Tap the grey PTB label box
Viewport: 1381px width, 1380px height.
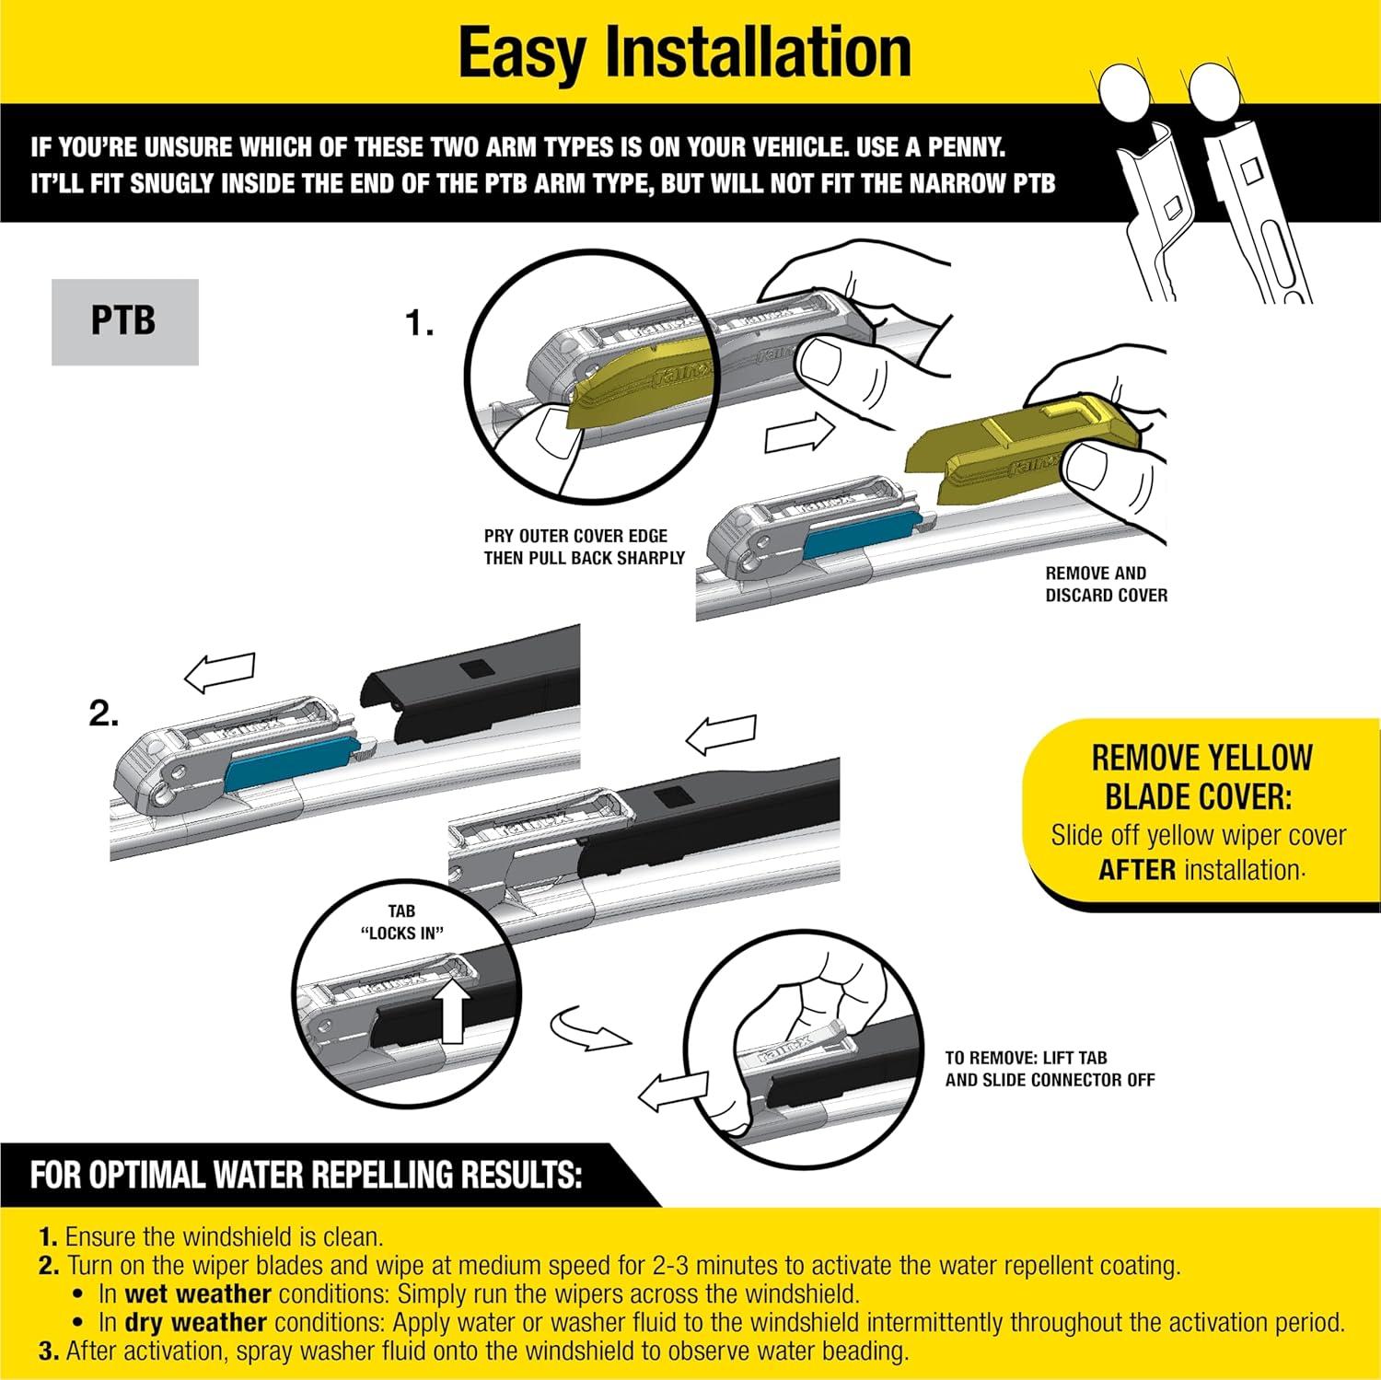[x=124, y=321]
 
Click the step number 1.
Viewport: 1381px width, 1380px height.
[x=420, y=324]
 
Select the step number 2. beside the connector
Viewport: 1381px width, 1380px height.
[x=103, y=713]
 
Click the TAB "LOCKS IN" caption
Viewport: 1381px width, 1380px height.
[x=401, y=922]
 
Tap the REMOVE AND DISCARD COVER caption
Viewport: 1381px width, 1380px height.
[x=1106, y=584]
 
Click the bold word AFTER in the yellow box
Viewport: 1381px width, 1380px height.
[x=1136, y=869]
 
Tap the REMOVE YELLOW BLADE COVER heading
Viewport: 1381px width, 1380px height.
[x=1201, y=776]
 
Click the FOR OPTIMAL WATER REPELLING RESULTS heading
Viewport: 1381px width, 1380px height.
[x=306, y=1176]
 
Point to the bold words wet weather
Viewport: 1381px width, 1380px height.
[x=197, y=1293]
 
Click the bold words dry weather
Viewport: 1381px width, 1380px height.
[x=195, y=1323]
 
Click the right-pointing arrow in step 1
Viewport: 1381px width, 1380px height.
[x=799, y=434]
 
